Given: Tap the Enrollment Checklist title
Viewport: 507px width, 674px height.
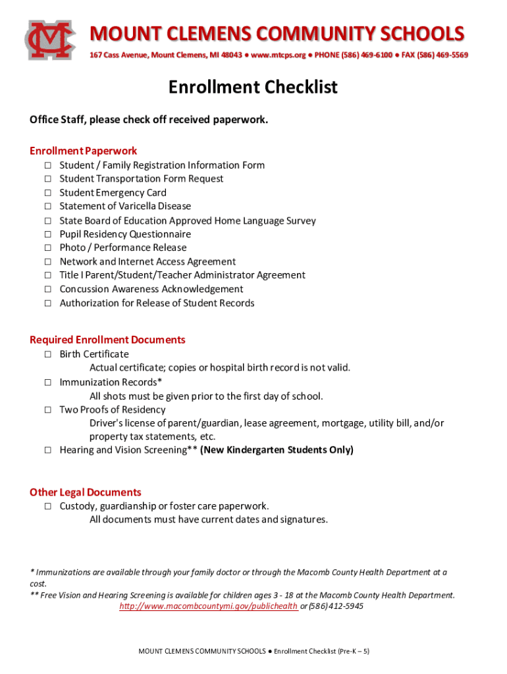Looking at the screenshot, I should pos(253,87).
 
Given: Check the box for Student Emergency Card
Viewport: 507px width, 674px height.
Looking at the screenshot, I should pos(48,193).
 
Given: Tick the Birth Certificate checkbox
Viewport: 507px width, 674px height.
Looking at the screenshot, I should pos(48,354).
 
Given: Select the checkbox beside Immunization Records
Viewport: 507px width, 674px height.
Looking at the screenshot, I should pos(48,382).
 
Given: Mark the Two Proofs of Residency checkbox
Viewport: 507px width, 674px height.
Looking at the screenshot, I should pos(48,409).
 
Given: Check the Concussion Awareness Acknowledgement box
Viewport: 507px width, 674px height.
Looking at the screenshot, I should pos(48,289).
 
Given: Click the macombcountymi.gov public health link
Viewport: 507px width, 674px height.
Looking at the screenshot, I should pos(208,606).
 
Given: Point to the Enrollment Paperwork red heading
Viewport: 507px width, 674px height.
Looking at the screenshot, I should pos(83,151).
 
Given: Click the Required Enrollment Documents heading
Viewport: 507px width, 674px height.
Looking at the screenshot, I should pos(107,340).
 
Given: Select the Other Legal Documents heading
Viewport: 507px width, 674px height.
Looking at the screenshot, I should pos(86,492).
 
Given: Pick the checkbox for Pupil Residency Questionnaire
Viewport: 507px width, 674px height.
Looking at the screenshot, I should pos(48,234).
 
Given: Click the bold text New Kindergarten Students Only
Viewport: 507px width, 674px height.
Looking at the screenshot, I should pos(277,450).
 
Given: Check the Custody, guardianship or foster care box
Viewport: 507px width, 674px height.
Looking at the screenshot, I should pos(48,506).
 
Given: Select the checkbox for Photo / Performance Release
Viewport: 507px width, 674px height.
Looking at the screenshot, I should pos(48,248).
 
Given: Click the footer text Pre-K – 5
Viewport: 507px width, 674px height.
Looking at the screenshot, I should pos(354,651).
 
